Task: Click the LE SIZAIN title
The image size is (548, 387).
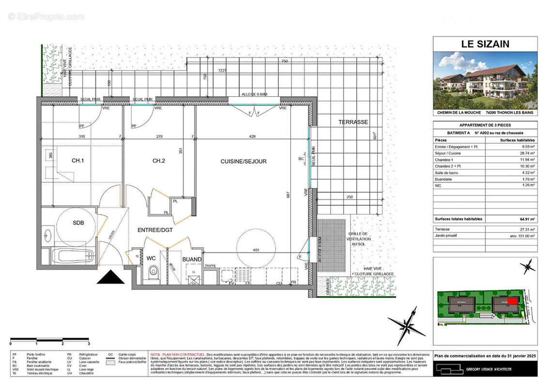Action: [485, 44]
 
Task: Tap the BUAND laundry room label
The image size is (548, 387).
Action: [192, 259]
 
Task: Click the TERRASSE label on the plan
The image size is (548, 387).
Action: [353, 123]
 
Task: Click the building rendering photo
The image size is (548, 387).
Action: [485, 80]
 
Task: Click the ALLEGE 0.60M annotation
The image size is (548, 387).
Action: [254, 94]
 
